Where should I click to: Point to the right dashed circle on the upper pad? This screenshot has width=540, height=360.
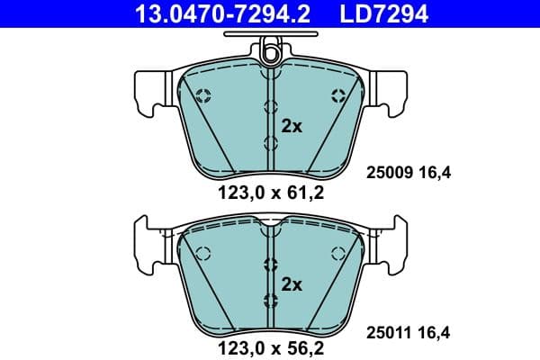[x=338, y=96]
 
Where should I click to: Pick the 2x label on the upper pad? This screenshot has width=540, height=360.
[x=291, y=126]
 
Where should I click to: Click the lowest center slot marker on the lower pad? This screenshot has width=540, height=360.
[x=270, y=300]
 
